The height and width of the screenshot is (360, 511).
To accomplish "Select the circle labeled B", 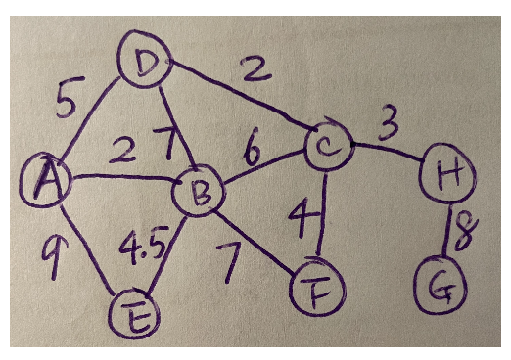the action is tap(197, 196).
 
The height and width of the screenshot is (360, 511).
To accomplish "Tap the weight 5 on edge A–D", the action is tap(66, 102).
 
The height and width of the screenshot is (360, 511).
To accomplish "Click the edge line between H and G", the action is tap(449, 233).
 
